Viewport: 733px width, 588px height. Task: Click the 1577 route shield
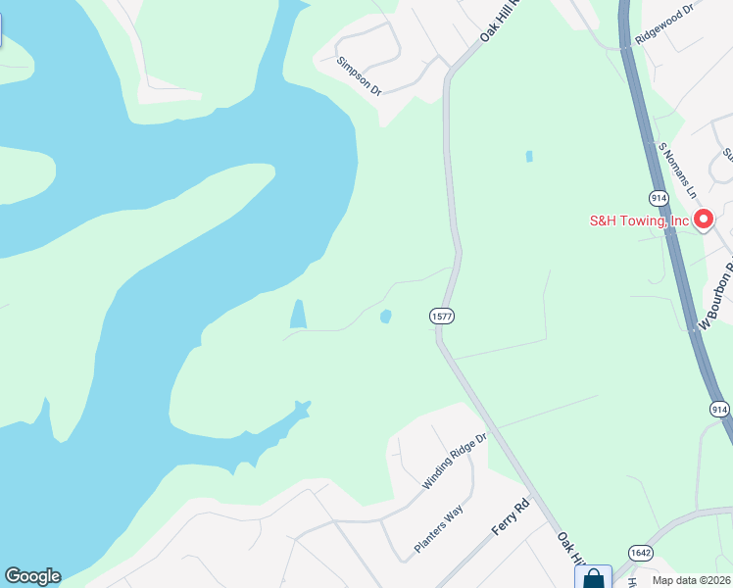tap(440, 316)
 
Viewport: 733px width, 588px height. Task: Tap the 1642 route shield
tap(641, 553)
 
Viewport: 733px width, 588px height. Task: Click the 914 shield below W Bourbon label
tap(719, 409)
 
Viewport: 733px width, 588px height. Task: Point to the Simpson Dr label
tap(358, 74)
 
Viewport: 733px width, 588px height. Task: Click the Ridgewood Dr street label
tap(664, 23)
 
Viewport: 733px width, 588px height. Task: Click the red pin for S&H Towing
tap(703, 220)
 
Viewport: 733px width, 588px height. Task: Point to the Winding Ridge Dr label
tap(454, 462)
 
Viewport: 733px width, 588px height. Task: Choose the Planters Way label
tap(437, 530)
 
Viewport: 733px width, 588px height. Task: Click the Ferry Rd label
tap(510, 516)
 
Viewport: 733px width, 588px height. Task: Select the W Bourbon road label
tap(716, 295)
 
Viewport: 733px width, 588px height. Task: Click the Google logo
tap(32, 576)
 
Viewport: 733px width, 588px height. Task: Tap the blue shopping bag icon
tap(594, 578)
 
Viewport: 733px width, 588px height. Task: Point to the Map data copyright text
tap(691, 581)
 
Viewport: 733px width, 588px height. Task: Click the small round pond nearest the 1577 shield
tap(385, 316)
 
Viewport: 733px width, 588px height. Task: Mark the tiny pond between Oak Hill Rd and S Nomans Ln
tap(529, 156)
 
